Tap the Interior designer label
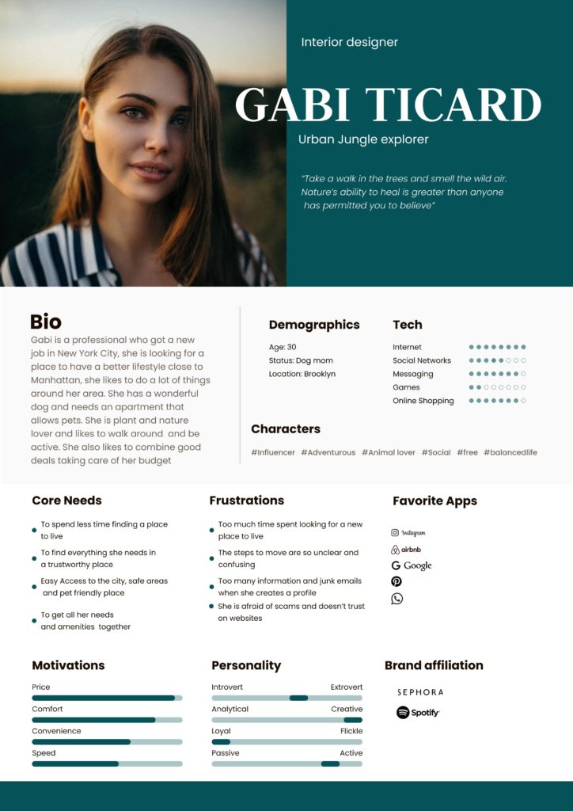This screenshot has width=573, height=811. (349, 42)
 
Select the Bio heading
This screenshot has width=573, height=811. (46, 322)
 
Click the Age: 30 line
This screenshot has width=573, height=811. (283, 347)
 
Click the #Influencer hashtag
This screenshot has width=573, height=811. (273, 452)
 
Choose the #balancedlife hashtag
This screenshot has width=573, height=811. (510, 452)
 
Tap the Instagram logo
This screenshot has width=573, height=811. (408, 533)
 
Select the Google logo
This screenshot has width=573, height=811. (412, 565)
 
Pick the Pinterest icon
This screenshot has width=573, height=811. (397, 582)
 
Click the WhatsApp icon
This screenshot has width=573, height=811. (397, 599)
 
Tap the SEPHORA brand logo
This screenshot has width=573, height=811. (420, 692)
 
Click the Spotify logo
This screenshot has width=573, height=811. (418, 713)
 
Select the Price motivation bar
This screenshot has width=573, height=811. (107, 698)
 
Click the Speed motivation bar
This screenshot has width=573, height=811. (107, 763)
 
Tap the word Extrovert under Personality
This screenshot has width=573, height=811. (346, 687)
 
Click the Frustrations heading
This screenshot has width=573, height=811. (246, 501)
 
